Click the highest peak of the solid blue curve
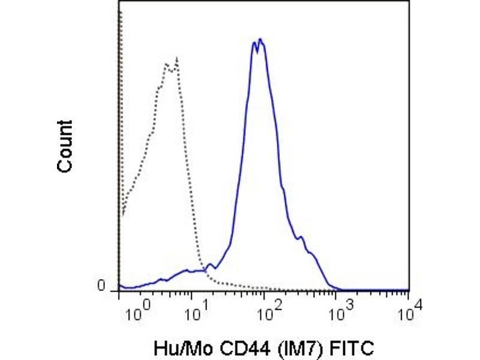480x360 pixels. [260, 40]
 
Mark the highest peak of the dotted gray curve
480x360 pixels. [176, 58]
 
